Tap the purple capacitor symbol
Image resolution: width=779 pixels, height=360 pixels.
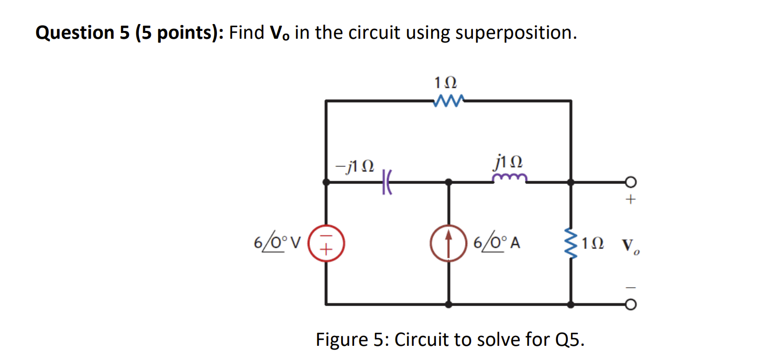[387, 182]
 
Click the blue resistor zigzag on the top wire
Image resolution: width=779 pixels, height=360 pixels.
[448, 100]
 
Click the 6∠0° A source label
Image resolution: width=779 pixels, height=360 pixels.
[496, 243]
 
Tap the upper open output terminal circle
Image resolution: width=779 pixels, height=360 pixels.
[631, 182]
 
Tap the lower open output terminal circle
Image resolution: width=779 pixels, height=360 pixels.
[631, 304]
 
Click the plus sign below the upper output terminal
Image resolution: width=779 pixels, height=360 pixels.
[631, 200]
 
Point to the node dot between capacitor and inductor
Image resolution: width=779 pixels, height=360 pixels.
[448, 182]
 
